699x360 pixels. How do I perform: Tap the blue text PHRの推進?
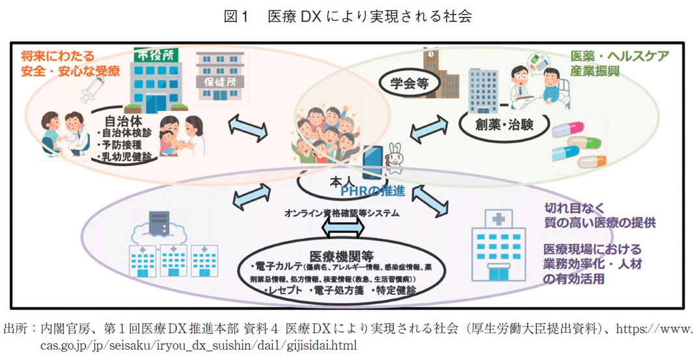click(376, 191)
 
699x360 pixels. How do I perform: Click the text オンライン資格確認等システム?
click(342, 213)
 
